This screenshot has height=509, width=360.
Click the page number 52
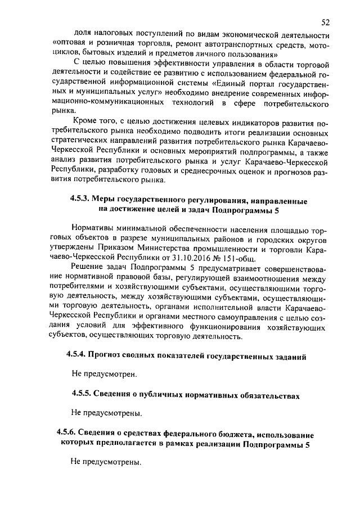tap(325, 22)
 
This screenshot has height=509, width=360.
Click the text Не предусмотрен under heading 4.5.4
tap(104, 374)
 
